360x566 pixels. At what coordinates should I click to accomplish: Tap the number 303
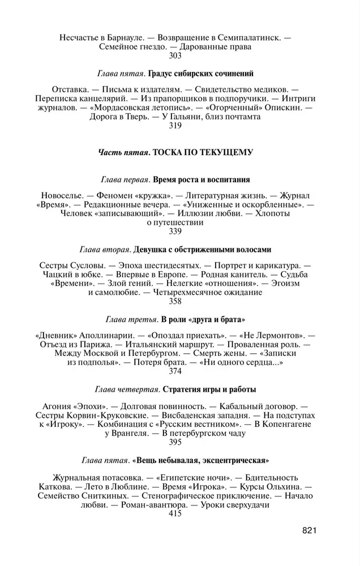(x=175, y=56)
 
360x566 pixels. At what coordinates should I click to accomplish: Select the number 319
(x=175, y=126)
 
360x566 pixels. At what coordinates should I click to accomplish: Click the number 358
(x=175, y=301)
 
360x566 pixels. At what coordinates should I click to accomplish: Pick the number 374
(x=175, y=371)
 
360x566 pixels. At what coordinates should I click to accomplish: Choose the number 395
(x=175, y=441)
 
